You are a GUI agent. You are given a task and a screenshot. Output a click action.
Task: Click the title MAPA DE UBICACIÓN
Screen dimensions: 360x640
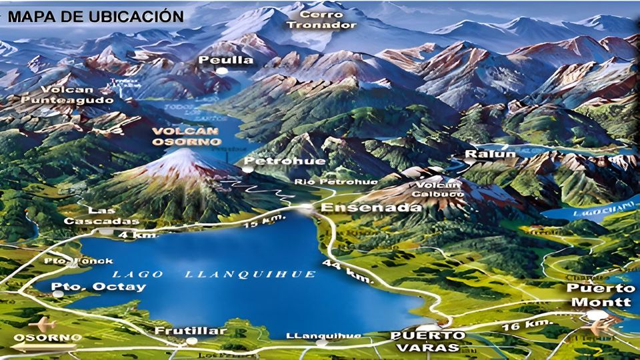pyautogui.click(x=95, y=16)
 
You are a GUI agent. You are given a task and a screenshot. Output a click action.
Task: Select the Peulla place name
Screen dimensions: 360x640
pyautogui.click(x=226, y=60)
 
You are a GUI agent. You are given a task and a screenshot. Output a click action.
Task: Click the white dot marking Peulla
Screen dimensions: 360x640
pyautogui.click(x=226, y=71)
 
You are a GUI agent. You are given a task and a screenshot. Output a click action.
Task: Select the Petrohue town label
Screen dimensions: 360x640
pyautogui.click(x=275, y=161)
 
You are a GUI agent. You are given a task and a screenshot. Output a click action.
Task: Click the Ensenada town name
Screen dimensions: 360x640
pyautogui.click(x=371, y=207)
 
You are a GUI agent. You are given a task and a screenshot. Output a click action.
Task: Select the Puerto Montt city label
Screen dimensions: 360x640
pyautogui.click(x=599, y=295)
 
